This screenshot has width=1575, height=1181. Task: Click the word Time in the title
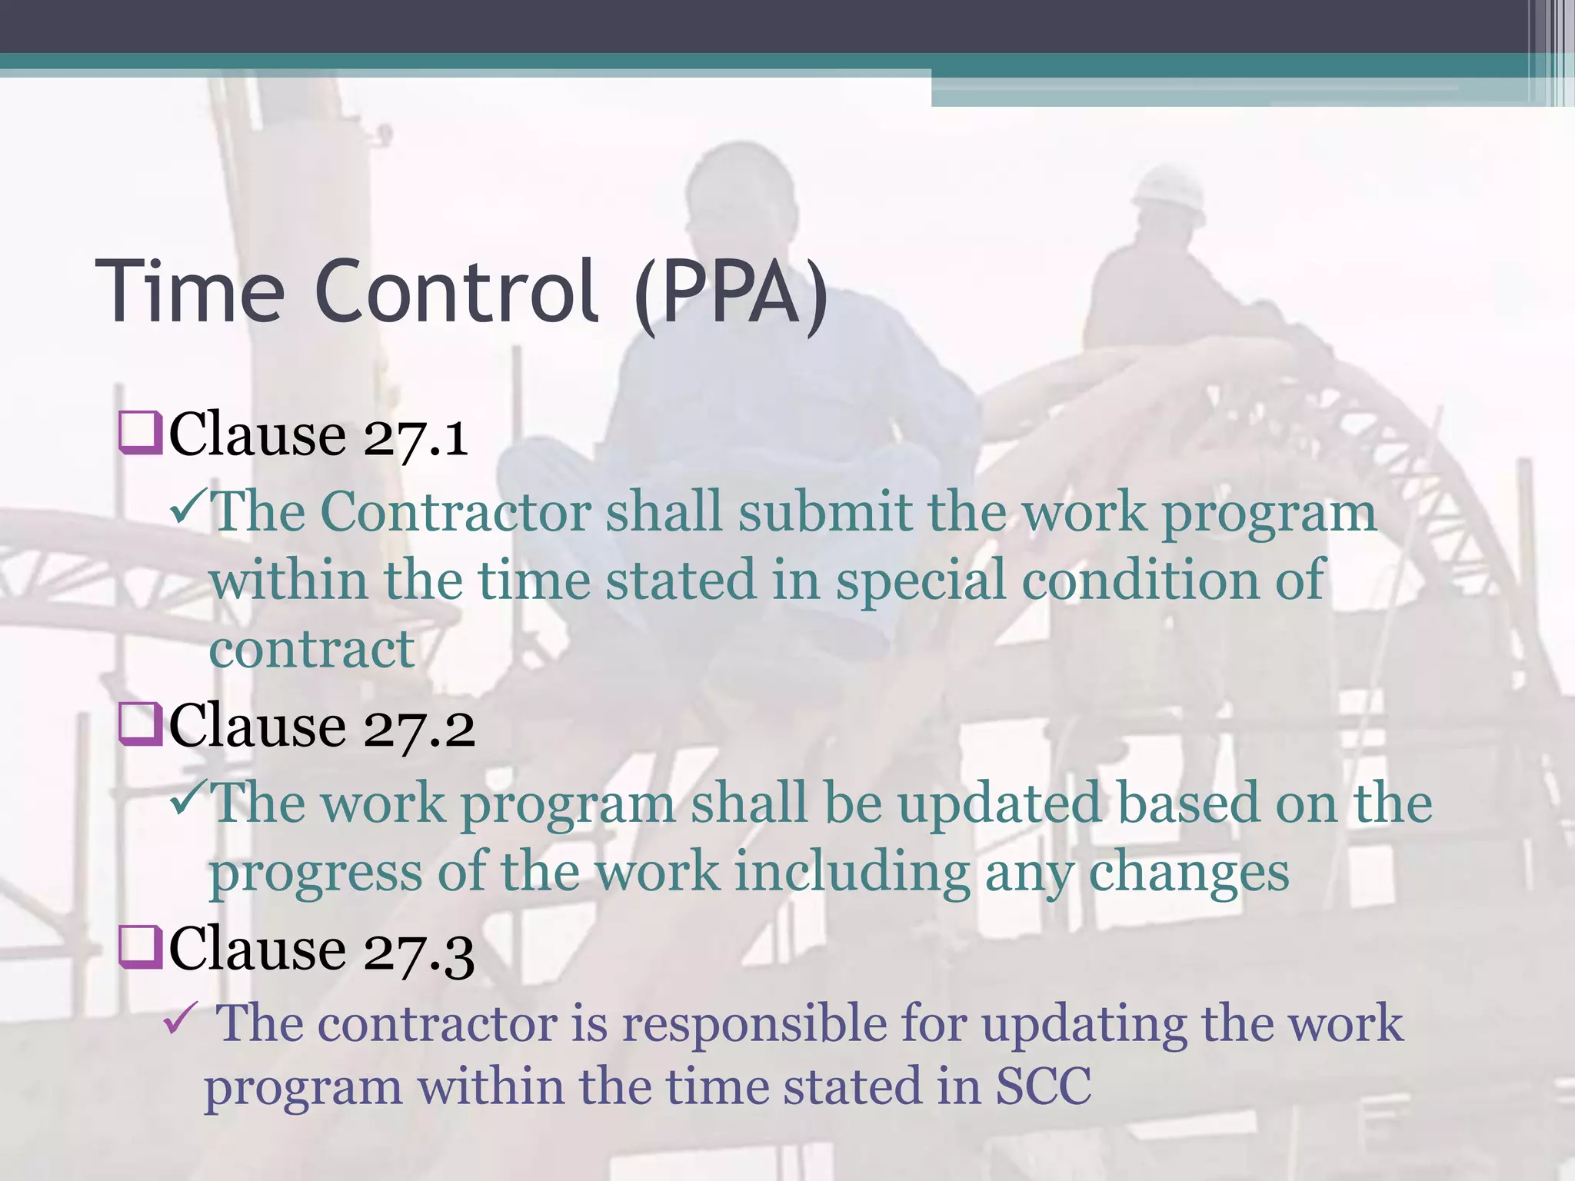[x=190, y=292]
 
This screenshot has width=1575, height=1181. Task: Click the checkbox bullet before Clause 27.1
[x=140, y=434]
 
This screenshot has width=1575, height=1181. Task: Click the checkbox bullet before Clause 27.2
[x=140, y=725]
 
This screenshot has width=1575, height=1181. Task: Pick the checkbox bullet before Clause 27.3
[x=140, y=947]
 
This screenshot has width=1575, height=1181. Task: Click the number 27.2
[x=419, y=729]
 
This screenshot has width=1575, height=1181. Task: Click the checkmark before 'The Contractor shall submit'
[x=188, y=510]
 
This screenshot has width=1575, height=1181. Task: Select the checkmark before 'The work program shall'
[x=188, y=799]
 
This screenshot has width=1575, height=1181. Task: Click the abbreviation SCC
[x=1044, y=1087]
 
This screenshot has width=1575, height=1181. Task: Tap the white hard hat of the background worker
[x=1170, y=188]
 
